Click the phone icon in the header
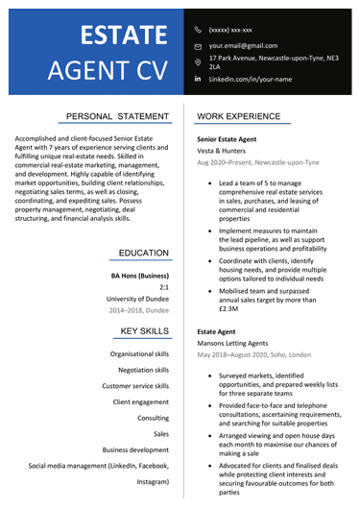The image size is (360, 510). pos(198,30)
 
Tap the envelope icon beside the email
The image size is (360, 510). pos(198,46)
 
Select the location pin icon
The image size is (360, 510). pos(198,61)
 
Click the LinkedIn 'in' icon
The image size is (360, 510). pos(198,79)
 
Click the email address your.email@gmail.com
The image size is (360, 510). pos(243,45)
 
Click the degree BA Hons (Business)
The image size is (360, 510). pos(140,276)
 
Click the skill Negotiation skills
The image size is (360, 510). pos(143,370)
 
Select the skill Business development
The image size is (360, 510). pos(135,449)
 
